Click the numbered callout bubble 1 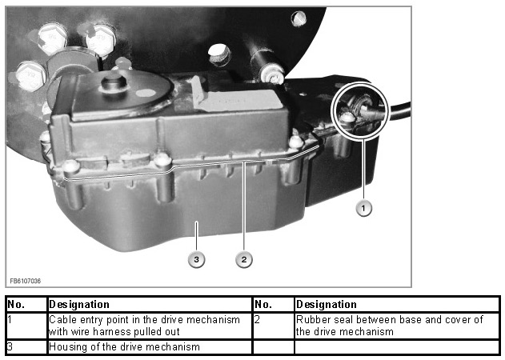[363, 208]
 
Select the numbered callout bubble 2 [244, 259]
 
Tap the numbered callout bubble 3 [196, 259]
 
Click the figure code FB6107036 [25, 281]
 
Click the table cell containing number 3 [26, 347]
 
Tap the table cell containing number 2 [274, 326]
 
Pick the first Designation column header [79, 305]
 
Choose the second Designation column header [327, 305]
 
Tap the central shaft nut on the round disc [114, 82]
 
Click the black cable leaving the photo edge [400, 110]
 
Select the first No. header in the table [16, 305]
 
